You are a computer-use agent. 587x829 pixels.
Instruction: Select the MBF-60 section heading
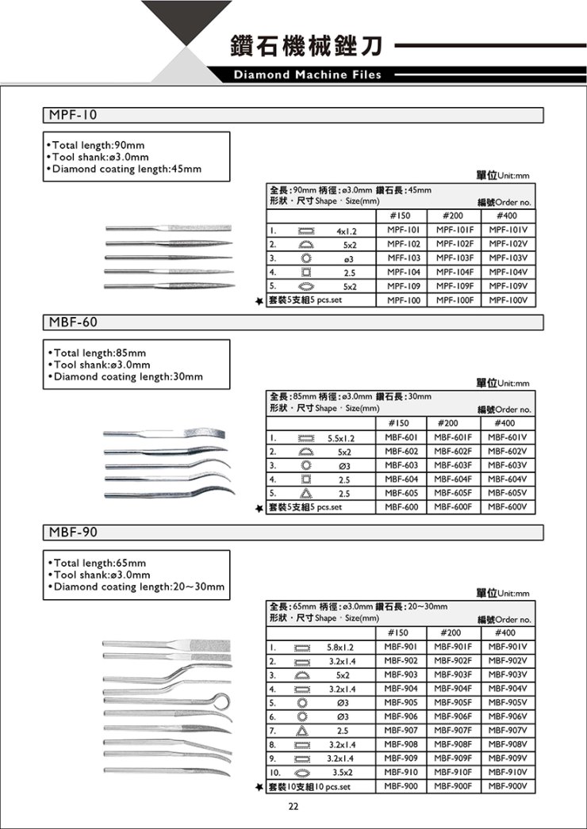(73, 323)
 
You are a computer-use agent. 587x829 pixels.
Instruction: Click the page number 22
(293, 806)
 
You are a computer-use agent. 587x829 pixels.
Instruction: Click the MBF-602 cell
(401, 451)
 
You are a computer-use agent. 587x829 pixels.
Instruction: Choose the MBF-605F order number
(454, 493)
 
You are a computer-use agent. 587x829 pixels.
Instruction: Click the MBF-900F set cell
(454, 786)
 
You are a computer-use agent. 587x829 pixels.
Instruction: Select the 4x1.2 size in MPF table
(347, 230)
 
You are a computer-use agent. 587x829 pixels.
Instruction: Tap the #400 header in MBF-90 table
(505, 632)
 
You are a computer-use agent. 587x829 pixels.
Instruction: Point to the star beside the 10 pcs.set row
(259, 788)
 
